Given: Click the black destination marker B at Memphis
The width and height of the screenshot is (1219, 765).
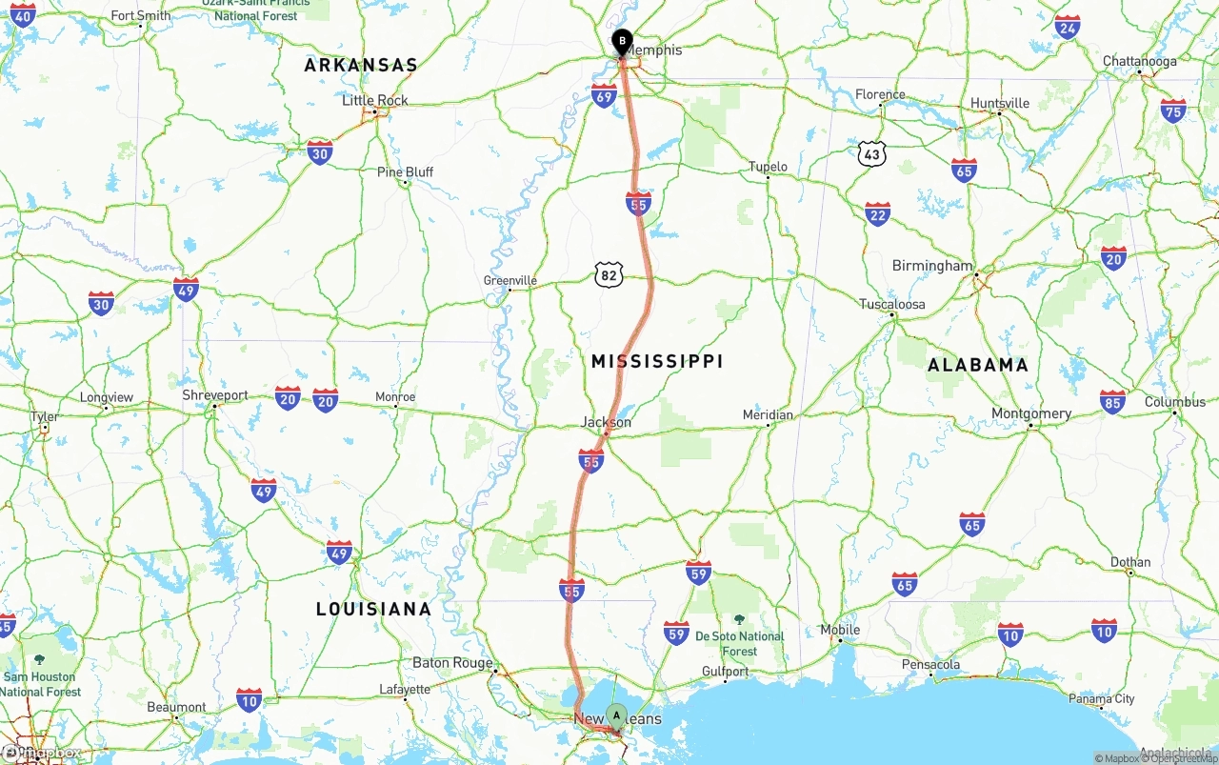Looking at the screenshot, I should pyautogui.click(x=621, y=42).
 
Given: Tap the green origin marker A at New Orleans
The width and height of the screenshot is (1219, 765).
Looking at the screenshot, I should pyautogui.click(x=616, y=715).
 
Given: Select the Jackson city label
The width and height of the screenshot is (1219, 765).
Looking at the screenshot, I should pyautogui.click(x=607, y=422).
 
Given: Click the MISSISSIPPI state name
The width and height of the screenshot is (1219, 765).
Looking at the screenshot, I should pyautogui.click(x=657, y=361).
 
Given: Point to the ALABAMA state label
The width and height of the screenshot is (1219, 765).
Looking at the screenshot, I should pyautogui.click(x=978, y=365).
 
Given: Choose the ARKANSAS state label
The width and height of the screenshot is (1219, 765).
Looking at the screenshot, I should pyautogui.click(x=361, y=66).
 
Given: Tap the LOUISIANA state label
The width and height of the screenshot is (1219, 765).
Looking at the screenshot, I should pyautogui.click(x=373, y=609).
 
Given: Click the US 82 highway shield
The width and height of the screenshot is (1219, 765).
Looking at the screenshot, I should pyautogui.click(x=609, y=275).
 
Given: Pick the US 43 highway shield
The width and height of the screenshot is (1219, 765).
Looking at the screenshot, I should pyautogui.click(x=871, y=153).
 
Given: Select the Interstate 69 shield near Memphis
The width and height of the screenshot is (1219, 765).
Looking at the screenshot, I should pyautogui.click(x=604, y=95).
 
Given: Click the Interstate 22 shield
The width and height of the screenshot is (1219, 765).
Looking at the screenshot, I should pyautogui.click(x=877, y=213).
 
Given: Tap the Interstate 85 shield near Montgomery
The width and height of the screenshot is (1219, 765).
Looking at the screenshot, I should pyautogui.click(x=1111, y=400).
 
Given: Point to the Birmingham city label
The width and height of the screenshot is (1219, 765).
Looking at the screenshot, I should pyautogui.click(x=932, y=266).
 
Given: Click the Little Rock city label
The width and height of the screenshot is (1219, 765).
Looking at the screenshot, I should pyautogui.click(x=375, y=100).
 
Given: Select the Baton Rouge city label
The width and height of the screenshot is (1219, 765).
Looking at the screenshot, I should pyautogui.click(x=452, y=663).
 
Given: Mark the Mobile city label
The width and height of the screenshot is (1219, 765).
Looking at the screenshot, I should pyautogui.click(x=840, y=630).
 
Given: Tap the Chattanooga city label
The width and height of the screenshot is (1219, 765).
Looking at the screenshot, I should pyautogui.click(x=1139, y=61).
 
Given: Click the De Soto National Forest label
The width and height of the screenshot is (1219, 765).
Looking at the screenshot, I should pyautogui.click(x=739, y=643).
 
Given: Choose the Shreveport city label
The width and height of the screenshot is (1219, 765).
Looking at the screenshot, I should pyautogui.click(x=215, y=395).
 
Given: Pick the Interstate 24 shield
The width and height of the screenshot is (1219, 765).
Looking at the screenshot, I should pyautogui.click(x=1067, y=27).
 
